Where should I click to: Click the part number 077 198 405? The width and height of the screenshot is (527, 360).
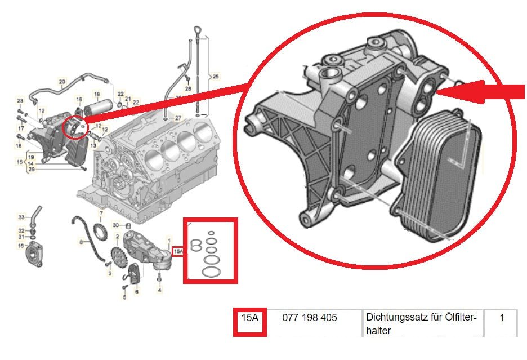pyautogui.click(x=310, y=318)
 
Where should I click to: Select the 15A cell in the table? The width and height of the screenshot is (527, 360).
pyautogui.click(x=249, y=318)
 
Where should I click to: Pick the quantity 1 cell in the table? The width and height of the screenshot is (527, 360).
pyautogui.click(x=502, y=318)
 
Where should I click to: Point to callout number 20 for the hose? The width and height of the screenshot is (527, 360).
pyautogui.click(x=62, y=81)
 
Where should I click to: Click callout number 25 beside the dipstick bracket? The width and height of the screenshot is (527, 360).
pyautogui.click(x=216, y=75)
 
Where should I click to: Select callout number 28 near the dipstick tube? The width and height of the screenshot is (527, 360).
pyautogui.click(x=188, y=89)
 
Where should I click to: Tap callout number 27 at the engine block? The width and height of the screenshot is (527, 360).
pyautogui.click(x=178, y=118)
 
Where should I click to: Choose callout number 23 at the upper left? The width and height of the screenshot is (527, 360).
pyautogui.click(x=20, y=101)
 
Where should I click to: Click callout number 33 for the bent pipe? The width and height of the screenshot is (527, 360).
pyautogui.click(x=21, y=217)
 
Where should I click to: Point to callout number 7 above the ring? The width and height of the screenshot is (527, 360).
pyautogui.click(x=101, y=214)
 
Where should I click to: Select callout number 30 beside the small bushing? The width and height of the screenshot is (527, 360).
pyautogui.click(x=115, y=225)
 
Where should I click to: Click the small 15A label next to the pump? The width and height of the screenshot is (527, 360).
pyautogui.click(x=178, y=250)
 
